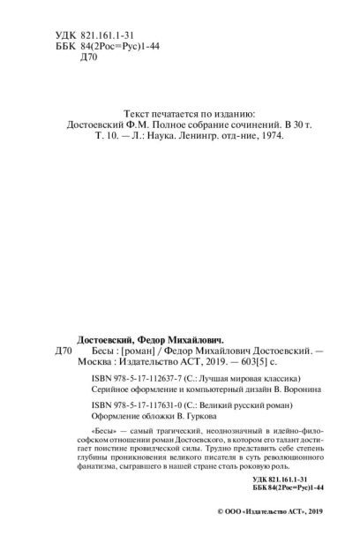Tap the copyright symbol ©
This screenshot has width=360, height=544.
(x=220, y=534)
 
